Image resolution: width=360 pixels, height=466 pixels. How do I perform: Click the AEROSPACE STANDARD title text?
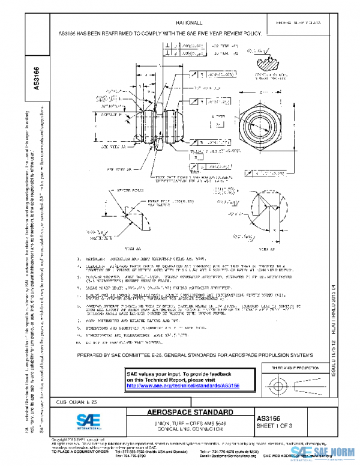tap(190, 413)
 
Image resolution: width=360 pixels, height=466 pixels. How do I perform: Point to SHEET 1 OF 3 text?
tap(276, 425)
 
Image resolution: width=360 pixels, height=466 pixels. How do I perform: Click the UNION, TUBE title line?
tap(190, 423)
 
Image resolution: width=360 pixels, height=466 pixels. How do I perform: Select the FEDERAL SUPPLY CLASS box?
tap(298, 23)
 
